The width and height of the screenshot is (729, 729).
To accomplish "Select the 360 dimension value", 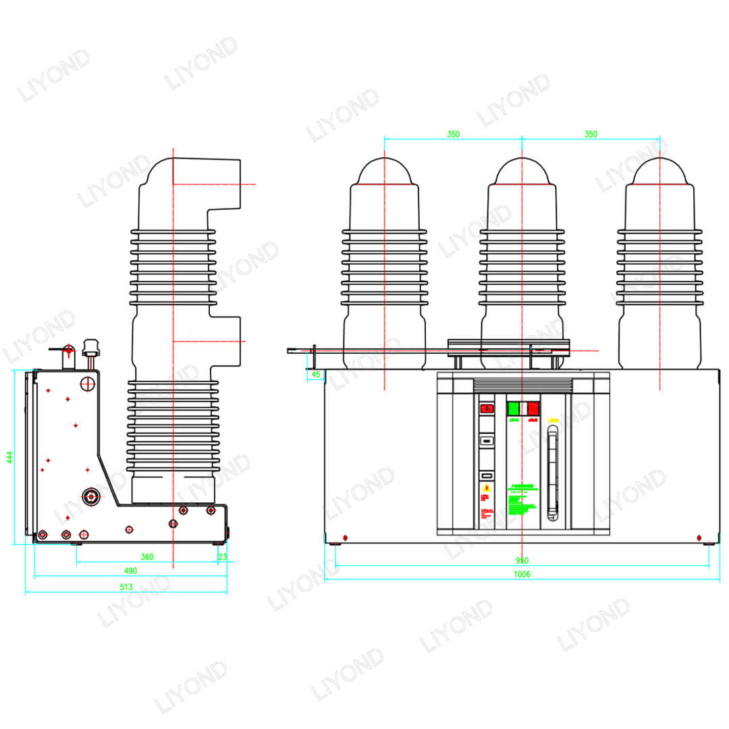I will click(147, 557).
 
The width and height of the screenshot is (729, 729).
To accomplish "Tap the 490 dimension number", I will click(130, 571).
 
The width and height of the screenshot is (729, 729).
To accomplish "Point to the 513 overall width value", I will click(126, 587).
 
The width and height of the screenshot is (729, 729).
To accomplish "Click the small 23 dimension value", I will click(223, 557).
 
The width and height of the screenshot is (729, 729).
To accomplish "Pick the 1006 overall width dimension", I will click(522, 574).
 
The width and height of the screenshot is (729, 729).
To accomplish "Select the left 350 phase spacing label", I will click(453, 134).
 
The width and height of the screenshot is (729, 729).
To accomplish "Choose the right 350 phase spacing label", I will click(591, 134).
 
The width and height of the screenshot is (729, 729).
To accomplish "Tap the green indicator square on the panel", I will click(513, 408).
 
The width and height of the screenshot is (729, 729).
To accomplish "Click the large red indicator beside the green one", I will click(533, 408).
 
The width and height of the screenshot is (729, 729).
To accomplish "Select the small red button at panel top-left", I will click(486, 408).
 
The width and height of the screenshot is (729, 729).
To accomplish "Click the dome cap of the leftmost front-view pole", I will click(385, 171).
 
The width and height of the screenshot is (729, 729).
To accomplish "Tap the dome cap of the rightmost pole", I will click(659, 171).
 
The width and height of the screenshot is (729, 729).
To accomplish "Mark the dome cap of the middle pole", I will click(522, 171).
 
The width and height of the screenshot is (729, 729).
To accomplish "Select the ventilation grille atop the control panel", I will click(522, 385).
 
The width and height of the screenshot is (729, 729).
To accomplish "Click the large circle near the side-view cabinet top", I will click(88, 384).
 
